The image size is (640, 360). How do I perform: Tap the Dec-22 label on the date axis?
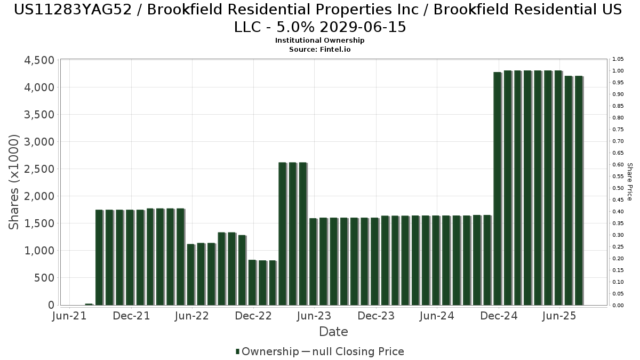(253, 316)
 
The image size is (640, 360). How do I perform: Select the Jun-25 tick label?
(559, 316)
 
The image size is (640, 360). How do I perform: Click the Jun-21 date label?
(70, 316)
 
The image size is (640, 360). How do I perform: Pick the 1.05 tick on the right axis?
(618, 59)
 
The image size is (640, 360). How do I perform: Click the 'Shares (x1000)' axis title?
(14, 182)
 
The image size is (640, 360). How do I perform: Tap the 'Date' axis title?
(333, 332)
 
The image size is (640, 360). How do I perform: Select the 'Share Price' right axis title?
(629, 182)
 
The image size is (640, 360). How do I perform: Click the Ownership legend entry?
(267, 351)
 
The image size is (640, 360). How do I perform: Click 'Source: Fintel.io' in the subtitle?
(320, 49)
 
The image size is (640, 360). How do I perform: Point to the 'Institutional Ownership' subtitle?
(320, 41)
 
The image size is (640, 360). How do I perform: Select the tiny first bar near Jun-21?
(89, 304)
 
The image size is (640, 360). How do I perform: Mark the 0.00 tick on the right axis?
(618, 306)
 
